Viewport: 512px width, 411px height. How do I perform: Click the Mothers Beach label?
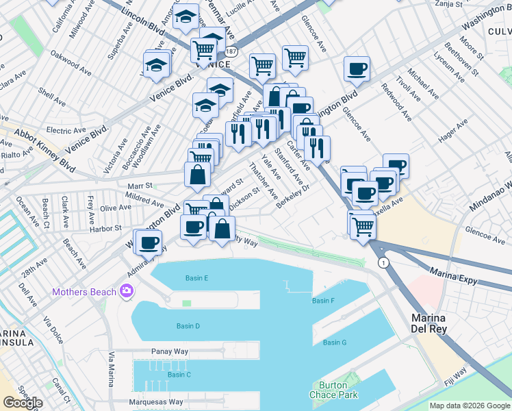click(84, 292)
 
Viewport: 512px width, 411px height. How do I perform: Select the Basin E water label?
click(196, 278)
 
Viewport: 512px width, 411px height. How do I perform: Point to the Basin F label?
click(322, 301)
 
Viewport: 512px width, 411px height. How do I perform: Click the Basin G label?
click(335, 342)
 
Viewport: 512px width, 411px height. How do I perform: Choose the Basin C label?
click(179, 375)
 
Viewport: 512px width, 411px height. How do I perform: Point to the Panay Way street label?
click(168, 351)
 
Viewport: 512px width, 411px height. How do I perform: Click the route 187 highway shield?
click(232, 52)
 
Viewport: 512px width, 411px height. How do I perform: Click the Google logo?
click(23, 403)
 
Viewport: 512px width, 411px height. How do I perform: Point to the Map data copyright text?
click(469, 406)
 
